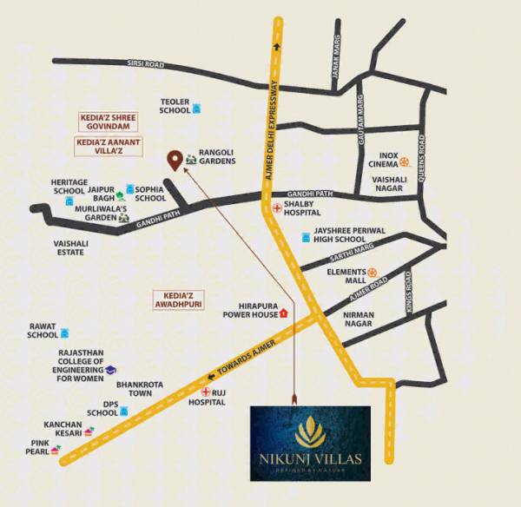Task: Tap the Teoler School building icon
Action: tap(197, 109)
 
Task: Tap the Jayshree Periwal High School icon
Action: tap(305, 236)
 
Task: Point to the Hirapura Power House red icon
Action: tap(283, 314)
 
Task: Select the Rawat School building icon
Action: tap(65, 333)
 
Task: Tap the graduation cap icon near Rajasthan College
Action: tap(111, 370)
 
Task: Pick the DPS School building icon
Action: tap(124, 410)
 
